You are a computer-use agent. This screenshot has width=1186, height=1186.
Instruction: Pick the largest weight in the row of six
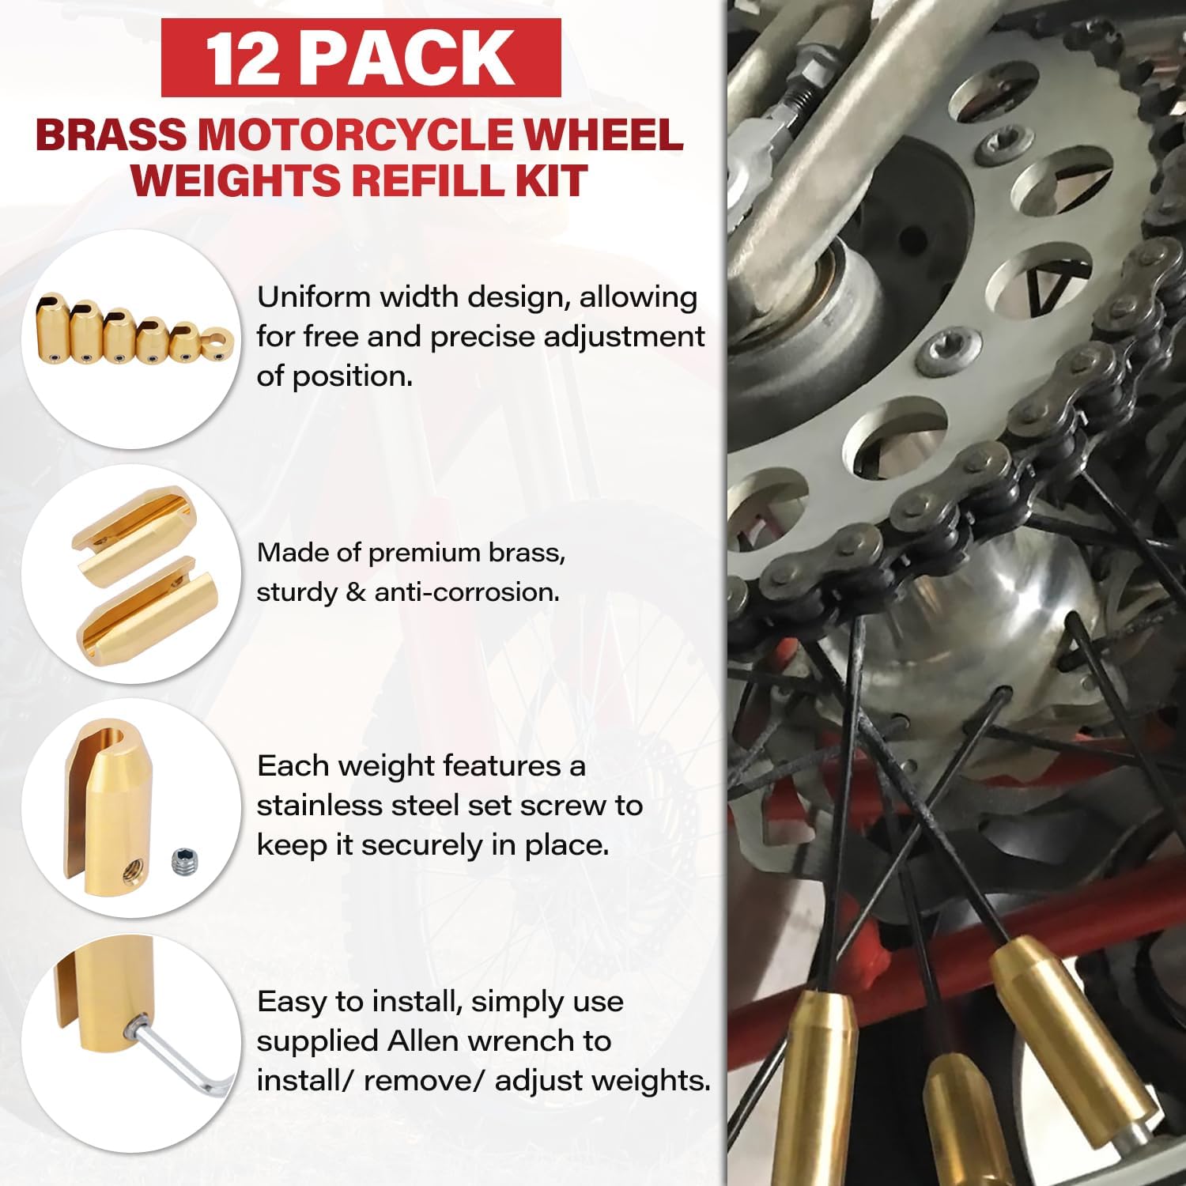click(x=52, y=325)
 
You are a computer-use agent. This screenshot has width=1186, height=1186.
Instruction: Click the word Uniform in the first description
click(x=313, y=297)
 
